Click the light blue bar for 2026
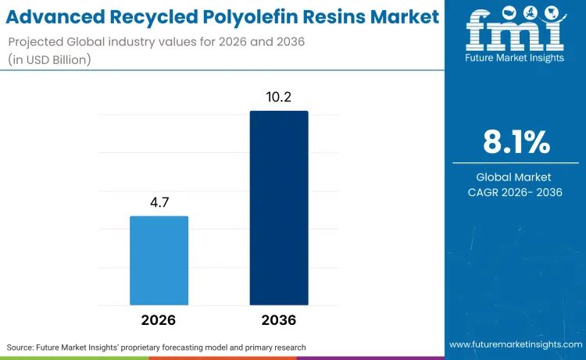click(159, 260)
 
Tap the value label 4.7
click(159, 203)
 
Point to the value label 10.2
click(279, 98)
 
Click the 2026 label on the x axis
click(159, 320)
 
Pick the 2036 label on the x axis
click(279, 320)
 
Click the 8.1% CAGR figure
click(515, 143)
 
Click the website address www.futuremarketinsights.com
click(515, 344)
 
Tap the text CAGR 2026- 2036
click(515, 191)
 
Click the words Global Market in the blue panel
click(515, 177)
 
